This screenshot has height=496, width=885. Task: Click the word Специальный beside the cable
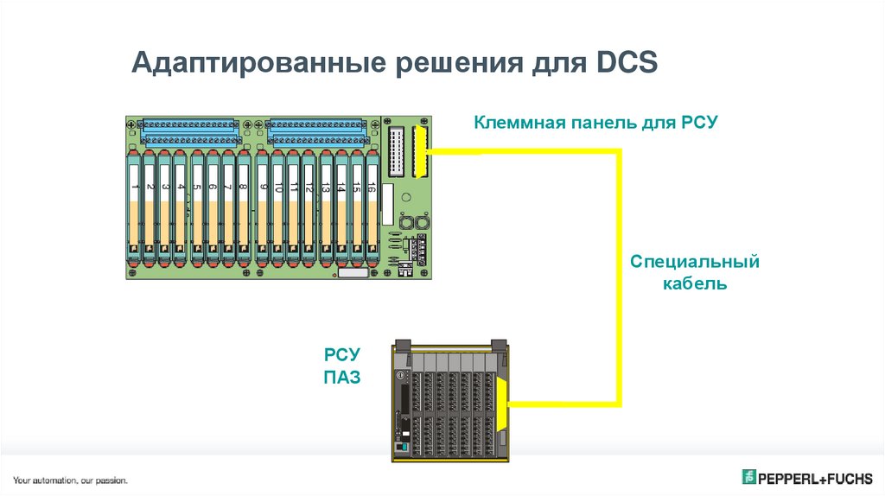694,260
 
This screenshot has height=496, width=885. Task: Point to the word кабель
694,283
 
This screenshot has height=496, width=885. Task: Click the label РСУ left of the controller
341,353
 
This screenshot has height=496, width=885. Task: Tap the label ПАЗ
341,377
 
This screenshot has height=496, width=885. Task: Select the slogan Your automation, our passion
70,480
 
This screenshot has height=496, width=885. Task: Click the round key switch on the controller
401,378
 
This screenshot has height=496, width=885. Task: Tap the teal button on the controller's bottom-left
400,449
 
